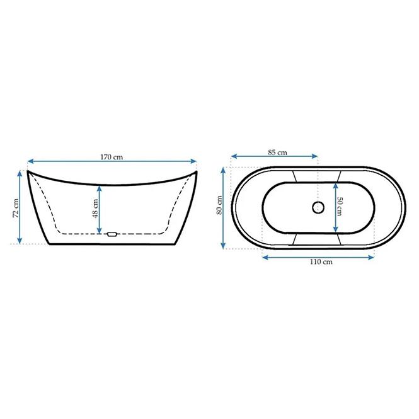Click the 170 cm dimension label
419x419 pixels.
(x=112, y=157)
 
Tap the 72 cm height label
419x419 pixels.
(x=16, y=208)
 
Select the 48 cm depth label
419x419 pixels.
(x=95, y=209)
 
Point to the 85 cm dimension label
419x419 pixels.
(x=277, y=152)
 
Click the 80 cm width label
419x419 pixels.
(x=219, y=205)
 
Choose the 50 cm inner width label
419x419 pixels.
(x=340, y=206)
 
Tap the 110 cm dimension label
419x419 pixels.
(x=321, y=262)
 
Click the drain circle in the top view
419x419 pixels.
(x=318, y=207)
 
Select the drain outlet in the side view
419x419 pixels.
(x=112, y=234)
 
